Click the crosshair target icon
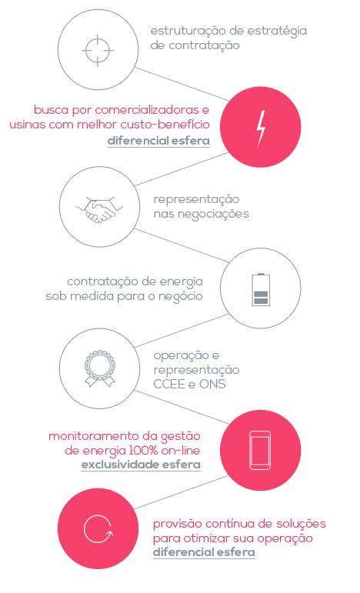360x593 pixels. [x=98, y=50]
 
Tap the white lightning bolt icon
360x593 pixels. [x=261, y=129]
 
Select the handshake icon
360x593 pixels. [x=100, y=209]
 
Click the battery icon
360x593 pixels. [x=261, y=289]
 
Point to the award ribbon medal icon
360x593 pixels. [x=100, y=368]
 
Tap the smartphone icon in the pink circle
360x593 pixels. [x=260, y=450]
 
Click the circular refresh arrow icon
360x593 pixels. [x=98, y=529]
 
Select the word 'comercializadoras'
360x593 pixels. [x=147, y=110]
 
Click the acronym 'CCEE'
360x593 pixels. [x=169, y=385]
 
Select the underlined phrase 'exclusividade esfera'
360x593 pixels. [x=141, y=465]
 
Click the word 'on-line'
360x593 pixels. [x=181, y=451]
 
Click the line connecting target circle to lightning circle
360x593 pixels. [x=182, y=84]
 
